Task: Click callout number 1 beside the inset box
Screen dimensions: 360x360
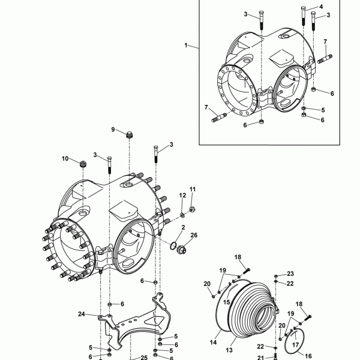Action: (x=186, y=45)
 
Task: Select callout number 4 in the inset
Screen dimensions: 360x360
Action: (x=321, y=7)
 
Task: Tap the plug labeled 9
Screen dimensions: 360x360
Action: (x=130, y=135)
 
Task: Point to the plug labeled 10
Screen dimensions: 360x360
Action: (x=83, y=164)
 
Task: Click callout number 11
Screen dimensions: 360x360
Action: (x=193, y=189)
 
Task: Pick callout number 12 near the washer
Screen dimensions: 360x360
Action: (x=182, y=196)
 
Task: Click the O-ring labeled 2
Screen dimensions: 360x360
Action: (x=173, y=245)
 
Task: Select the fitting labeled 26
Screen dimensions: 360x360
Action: (x=182, y=250)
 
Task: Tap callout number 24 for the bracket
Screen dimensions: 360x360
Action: (x=82, y=314)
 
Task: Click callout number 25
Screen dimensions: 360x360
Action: (x=144, y=358)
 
